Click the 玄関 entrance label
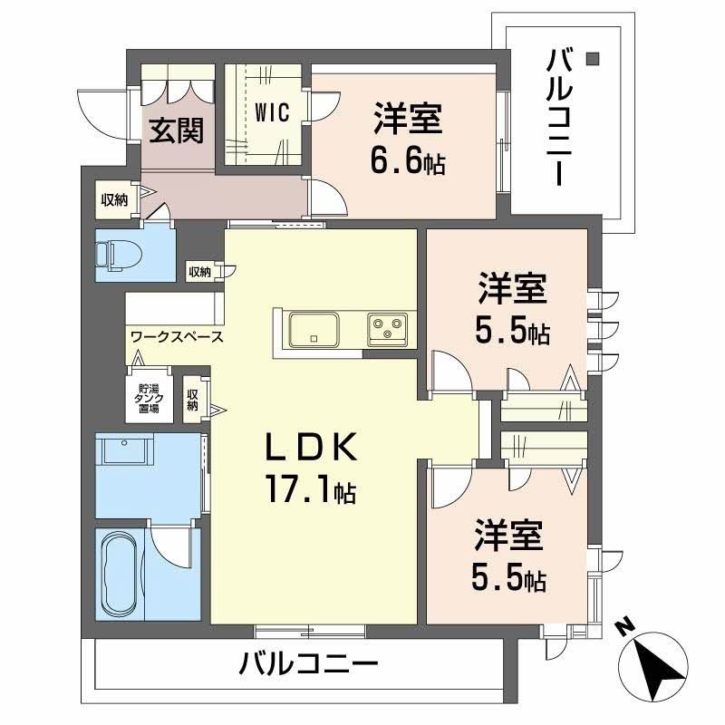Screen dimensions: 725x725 pyautogui.click(x=177, y=131)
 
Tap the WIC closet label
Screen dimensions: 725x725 pyautogui.click(x=271, y=112)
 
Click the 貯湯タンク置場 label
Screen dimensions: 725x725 pyautogui.click(x=143, y=396)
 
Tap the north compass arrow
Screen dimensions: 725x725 pyautogui.click(x=658, y=672)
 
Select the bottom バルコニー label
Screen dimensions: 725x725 pyautogui.click(x=308, y=667)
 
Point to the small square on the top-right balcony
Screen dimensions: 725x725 pyautogui.click(x=593, y=60)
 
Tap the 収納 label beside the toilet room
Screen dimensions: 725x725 pyautogui.click(x=199, y=271)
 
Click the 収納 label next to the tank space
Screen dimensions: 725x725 pyautogui.click(x=193, y=399)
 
